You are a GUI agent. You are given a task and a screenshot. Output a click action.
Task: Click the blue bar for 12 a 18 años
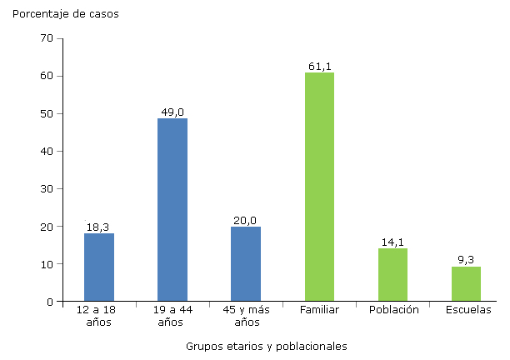point(99,267)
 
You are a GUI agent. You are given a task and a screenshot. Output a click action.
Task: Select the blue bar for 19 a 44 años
point(172,210)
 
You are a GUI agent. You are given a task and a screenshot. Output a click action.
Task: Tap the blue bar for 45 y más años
point(246,264)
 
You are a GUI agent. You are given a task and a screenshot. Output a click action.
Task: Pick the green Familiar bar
point(319,187)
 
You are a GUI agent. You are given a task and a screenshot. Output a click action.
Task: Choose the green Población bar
point(392,275)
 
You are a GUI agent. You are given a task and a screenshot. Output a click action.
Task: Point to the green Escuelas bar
point(466,284)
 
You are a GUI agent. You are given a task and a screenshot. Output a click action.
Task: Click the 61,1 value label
point(319,66)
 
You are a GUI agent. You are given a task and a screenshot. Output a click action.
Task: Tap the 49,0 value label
point(172,112)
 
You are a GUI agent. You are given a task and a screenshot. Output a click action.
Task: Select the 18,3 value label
point(99,227)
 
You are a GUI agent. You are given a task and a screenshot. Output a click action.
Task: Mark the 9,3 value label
point(467,260)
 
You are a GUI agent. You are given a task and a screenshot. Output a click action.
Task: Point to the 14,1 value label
point(392,242)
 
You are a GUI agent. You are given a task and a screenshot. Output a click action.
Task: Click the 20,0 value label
point(246,220)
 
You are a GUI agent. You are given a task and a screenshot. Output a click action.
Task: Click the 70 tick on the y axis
point(47,38)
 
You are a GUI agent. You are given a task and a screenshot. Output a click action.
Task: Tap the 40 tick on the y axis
point(47,151)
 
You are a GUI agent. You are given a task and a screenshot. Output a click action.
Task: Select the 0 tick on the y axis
point(49,302)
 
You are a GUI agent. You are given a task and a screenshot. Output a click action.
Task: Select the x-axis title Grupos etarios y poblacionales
point(266,346)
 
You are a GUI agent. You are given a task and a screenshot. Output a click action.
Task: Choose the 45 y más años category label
point(246,317)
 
